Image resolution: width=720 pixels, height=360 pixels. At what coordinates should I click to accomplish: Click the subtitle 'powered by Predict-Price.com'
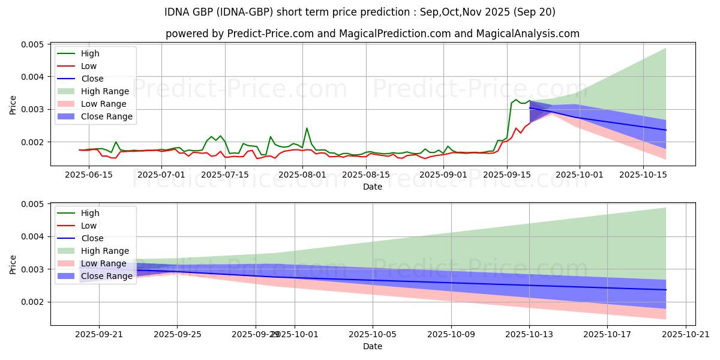(x=372, y=34)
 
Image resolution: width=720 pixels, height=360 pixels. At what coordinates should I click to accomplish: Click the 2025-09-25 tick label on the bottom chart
(x=177, y=334)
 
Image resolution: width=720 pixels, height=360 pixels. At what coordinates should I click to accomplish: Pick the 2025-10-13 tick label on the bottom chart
(x=529, y=334)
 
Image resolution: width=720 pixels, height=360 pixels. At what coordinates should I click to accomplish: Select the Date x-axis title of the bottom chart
(x=373, y=346)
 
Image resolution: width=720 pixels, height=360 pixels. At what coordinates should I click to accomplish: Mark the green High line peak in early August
(x=307, y=128)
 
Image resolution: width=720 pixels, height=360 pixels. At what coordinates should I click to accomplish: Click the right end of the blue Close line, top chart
(x=666, y=130)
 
